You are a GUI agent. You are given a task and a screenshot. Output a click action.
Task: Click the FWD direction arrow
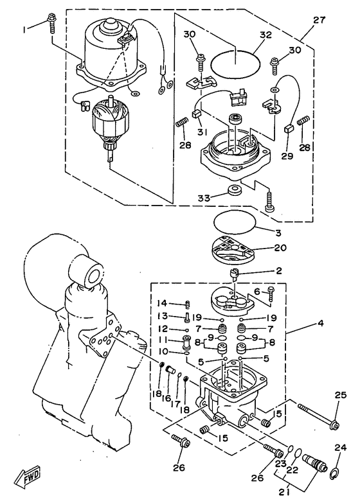(x=30, y=477)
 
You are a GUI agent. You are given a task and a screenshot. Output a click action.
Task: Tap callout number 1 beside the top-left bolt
(x=26, y=29)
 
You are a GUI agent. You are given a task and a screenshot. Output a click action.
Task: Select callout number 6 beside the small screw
(x=256, y=290)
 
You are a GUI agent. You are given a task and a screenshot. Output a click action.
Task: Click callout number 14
(x=163, y=303)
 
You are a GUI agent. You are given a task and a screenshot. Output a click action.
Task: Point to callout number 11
(x=163, y=339)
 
